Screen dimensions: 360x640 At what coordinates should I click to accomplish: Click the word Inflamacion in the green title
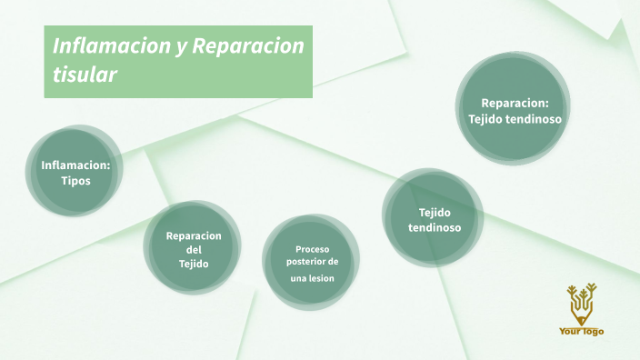click(x=108, y=45)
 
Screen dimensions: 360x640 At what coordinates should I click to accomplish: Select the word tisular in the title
click(x=85, y=75)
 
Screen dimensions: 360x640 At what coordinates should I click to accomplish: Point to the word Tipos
click(x=76, y=180)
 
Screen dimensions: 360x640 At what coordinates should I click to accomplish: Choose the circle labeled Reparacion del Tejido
click(x=193, y=248)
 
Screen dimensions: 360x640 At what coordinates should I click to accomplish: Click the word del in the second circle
click(x=194, y=249)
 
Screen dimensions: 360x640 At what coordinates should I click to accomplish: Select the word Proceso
click(x=312, y=248)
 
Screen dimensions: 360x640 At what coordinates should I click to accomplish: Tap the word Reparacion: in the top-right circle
click(x=515, y=103)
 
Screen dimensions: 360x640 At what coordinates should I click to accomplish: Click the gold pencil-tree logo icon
click(x=580, y=305)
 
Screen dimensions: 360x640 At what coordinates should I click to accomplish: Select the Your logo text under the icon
click(x=581, y=331)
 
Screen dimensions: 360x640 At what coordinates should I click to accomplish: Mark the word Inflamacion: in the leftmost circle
click(x=75, y=165)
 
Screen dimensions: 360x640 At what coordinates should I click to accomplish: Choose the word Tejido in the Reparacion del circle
click(x=194, y=264)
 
